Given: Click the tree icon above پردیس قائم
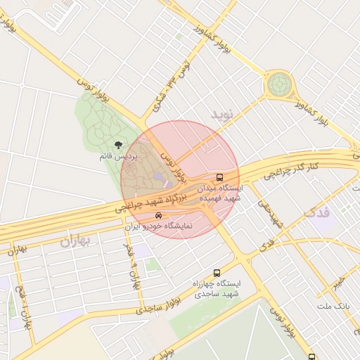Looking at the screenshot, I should tap(117, 145).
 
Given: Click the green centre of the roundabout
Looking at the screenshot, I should tap(279, 85).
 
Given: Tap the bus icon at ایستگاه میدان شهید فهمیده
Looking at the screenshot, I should tap(220, 177).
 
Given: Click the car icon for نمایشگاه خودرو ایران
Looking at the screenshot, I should tap(159, 215).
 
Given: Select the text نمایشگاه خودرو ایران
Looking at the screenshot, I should tap(159, 227).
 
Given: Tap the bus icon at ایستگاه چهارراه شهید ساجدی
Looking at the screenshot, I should tap(216, 272).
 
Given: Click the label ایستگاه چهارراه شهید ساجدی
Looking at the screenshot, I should tap(217, 288).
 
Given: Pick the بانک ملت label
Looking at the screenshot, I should tap(333, 307).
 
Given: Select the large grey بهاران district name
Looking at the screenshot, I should tap(76, 242).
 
